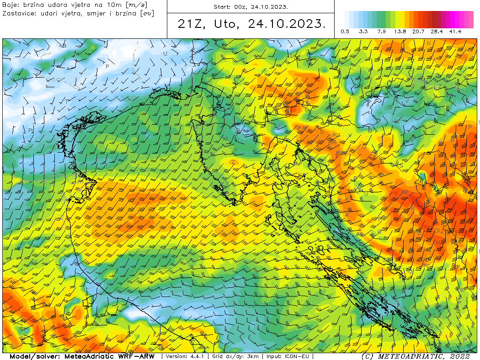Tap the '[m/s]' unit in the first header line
pyautogui.click(x=136, y=5)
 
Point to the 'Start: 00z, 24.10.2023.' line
pyautogui.click(x=251, y=7)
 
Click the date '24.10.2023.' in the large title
pyautogui.click(x=287, y=24)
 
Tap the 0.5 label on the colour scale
pyautogui.click(x=345, y=32)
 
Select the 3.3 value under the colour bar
pyautogui.click(x=363, y=32)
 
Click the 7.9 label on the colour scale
pyautogui.click(x=382, y=32)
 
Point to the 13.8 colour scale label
pyautogui.click(x=400, y=32)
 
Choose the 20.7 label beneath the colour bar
pyautogui.click(x=418, y=32)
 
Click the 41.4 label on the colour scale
pyautogui.click(x=455, y=32)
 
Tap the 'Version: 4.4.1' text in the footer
pyautogui.click(x=185, y=356)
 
